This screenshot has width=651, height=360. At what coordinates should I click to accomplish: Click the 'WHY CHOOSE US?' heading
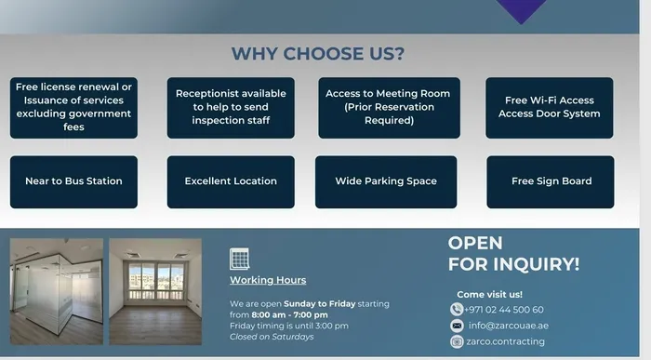point(318,54)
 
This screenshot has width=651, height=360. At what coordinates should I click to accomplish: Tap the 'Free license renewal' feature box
point(73,107)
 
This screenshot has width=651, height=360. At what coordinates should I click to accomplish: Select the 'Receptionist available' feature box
point(231,107)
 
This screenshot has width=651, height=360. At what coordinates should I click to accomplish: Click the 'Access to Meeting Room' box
point(387,107)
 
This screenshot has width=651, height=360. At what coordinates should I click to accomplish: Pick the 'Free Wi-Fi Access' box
point(549,107)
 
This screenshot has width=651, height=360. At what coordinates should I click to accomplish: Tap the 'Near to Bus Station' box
point(73,181)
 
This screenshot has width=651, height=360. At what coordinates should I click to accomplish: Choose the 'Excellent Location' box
point(231,181)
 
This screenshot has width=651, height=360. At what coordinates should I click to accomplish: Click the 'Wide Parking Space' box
point(386,181)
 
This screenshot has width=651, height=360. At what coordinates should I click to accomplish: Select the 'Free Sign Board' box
point(551,181)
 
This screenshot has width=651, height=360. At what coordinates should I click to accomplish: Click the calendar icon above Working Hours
point(240,259)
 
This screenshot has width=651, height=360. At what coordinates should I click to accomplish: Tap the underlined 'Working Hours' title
point(268,280)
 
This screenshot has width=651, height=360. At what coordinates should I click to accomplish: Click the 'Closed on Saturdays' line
point(272,337)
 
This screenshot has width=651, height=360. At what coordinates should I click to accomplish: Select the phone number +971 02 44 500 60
point(504,310)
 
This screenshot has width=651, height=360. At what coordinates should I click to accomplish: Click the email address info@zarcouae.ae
point(507,326)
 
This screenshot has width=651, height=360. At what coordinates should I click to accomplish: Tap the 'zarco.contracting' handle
point(507,341)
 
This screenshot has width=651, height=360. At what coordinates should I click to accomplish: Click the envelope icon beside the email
point(457,326)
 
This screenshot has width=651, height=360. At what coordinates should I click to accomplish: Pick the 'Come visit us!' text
point(489,294)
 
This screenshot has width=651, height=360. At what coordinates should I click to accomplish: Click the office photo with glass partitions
point(56,292)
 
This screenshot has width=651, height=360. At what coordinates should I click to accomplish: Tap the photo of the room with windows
point(155,292)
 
